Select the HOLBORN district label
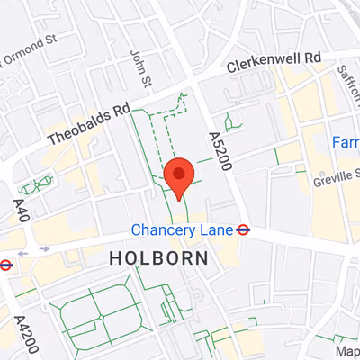point(158,258)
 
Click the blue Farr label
point(346,142)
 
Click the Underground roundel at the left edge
point(4,265)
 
